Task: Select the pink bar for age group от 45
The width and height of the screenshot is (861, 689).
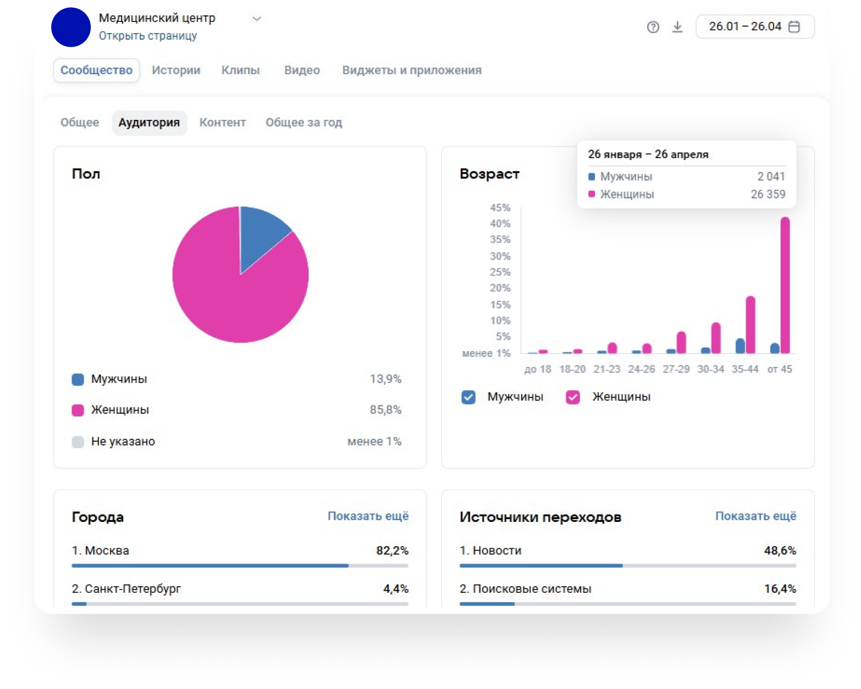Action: click(785, 285)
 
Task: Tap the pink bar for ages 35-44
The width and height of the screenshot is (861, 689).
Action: click(750, 324)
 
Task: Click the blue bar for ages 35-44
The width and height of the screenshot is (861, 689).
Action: click(740, 346)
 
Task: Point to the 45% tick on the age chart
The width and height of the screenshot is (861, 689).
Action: click(500, 208)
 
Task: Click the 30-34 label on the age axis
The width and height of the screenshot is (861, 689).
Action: click(710, 369)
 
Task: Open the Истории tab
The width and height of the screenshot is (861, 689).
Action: click(176, 70)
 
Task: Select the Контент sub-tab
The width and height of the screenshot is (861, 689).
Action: click(223, 123)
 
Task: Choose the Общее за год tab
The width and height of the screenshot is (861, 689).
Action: click(303, 123)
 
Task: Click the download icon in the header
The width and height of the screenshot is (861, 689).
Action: click(677, 27)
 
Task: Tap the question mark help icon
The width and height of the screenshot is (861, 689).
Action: click(653, 27)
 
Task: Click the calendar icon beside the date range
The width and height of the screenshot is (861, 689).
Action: click(794, 27)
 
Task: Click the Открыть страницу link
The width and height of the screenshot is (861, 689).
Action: click(148, 36)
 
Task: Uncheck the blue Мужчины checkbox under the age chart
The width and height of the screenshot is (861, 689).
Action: click(468, 397)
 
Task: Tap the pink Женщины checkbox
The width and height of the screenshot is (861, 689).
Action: click(572, 397)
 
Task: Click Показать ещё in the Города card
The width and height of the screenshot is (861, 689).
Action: click(368, 516)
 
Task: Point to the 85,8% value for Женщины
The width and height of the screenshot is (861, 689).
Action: click(385, 410)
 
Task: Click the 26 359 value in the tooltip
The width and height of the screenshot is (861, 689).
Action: click(768, 194)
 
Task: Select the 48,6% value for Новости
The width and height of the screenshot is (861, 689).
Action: click(780, 550)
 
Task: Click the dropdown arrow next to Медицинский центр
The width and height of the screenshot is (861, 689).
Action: click(257, 18)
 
